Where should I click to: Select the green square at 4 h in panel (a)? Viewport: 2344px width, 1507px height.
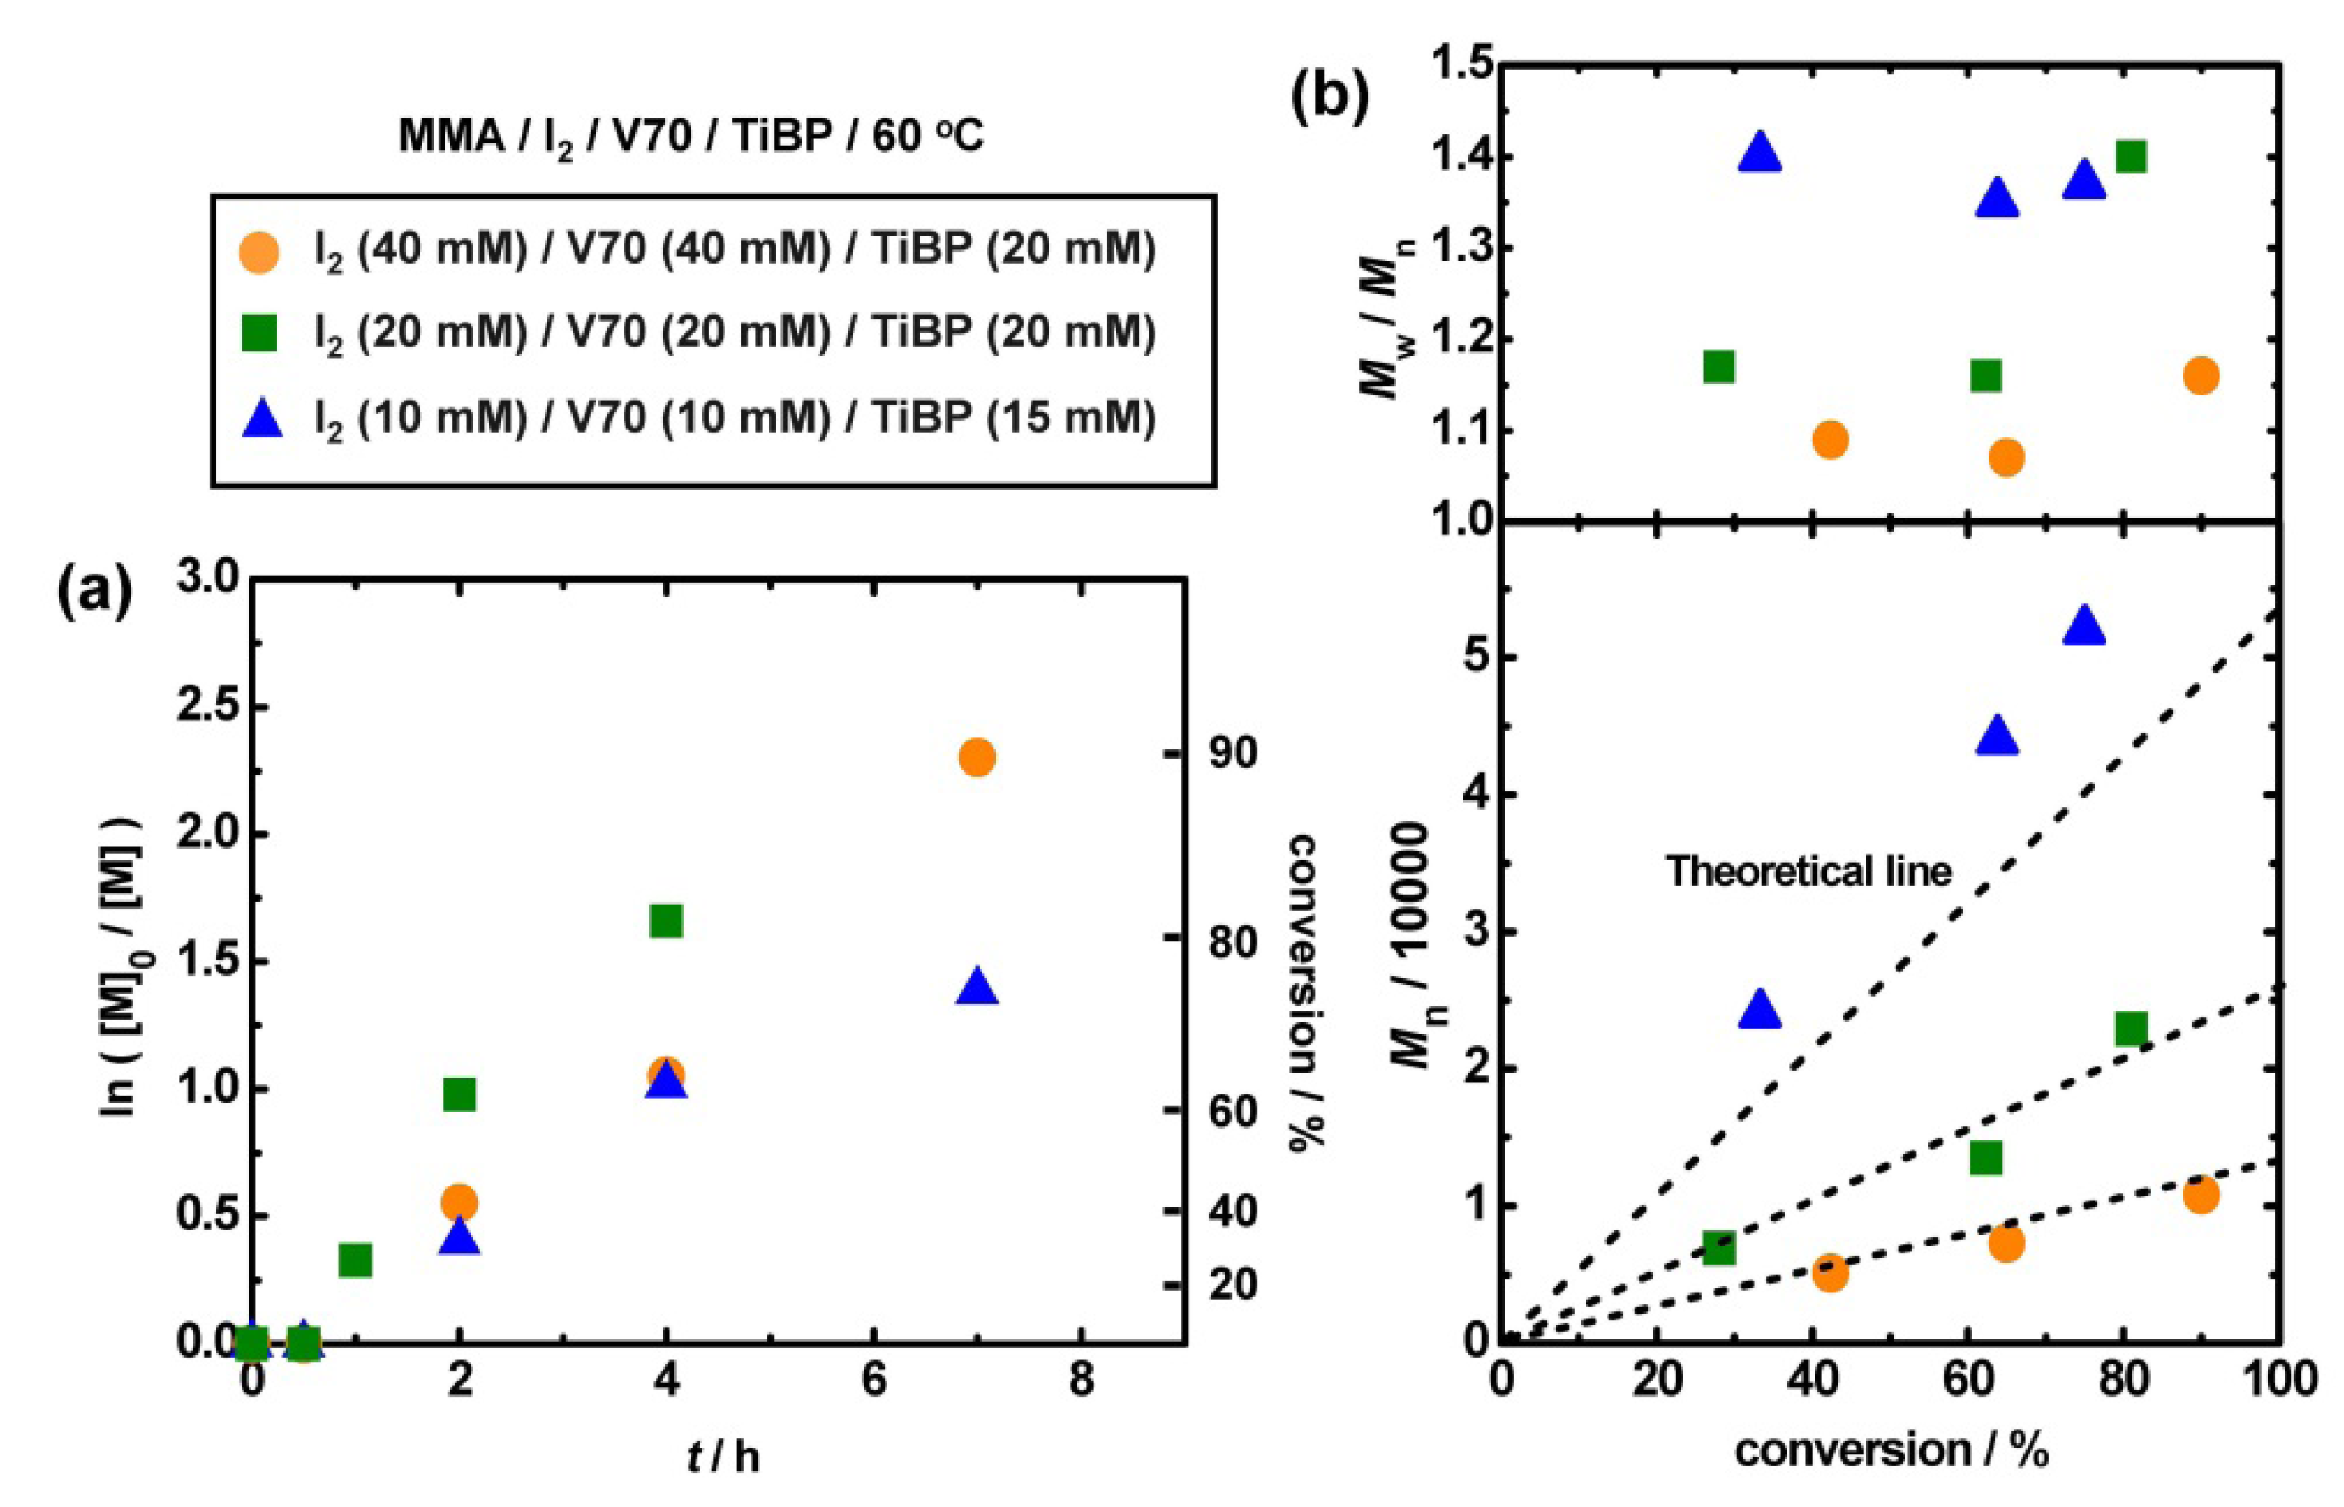coord(666,921)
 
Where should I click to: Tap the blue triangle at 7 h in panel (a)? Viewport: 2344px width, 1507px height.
coord(976,989)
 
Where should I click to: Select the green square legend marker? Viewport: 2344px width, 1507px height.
coord(260,334)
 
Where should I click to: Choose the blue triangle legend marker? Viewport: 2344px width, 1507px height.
coord(260,421)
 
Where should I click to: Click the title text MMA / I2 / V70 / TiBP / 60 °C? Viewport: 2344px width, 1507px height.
coord(691,137)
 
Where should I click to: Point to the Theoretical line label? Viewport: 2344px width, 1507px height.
coord(1808,870)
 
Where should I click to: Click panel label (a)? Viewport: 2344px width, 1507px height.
coord(94,596)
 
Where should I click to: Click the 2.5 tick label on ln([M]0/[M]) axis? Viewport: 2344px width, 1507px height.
coord(206,707)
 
